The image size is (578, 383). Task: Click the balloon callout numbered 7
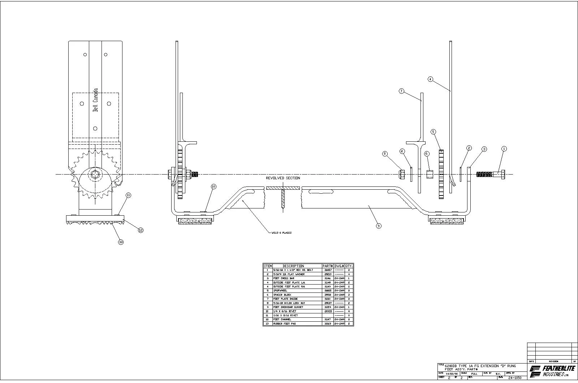(x=401, y=91)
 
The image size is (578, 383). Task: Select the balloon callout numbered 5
(x=433, y=132)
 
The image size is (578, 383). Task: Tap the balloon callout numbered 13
(x=121, y=242)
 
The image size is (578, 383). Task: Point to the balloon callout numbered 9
(x=379, y=226)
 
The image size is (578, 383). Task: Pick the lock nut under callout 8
(x=402, y=175)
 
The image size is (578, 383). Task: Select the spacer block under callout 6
(x=430, y=175)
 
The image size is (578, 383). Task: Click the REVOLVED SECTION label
(x=283, y=178)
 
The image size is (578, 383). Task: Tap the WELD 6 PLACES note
(x=281, y=233)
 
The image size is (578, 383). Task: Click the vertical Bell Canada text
(x=95, y=100)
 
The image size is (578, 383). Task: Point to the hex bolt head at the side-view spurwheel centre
(x=95, y=175)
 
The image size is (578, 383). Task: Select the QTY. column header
(x=349, y=266)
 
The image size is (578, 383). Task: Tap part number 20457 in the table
(x=328, y=270)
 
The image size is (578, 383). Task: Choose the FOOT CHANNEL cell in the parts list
(x=282, y=320)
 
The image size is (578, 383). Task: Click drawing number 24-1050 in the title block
(x=514, y=378)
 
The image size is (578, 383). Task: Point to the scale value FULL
(x=474, y=374)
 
